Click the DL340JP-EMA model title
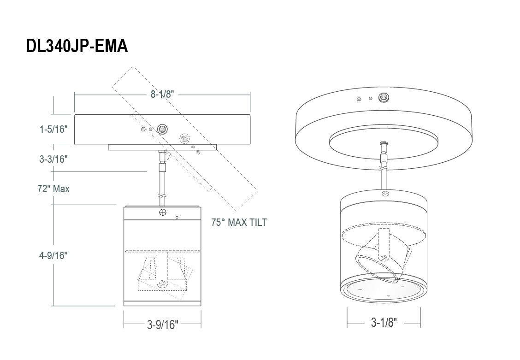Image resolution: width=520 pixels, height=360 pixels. click(x=77, y=46)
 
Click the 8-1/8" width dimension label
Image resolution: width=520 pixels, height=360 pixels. click(x=162, y=94)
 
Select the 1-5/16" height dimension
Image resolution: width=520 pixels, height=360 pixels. click(x=54, y=129)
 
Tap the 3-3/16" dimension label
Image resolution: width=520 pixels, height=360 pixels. click(x=54, y=159)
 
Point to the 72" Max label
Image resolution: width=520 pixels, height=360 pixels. click(x=54, y=189)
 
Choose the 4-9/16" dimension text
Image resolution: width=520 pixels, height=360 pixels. click(x=54, y=255)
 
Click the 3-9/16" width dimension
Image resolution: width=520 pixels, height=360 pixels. click(x=162, y=325)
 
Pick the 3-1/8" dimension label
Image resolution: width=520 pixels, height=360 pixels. click(x=384, y=322)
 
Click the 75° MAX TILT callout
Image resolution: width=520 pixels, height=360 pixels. click(x=239, y=222)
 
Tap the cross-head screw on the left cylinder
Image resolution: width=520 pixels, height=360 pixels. click(x=162, y=212)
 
